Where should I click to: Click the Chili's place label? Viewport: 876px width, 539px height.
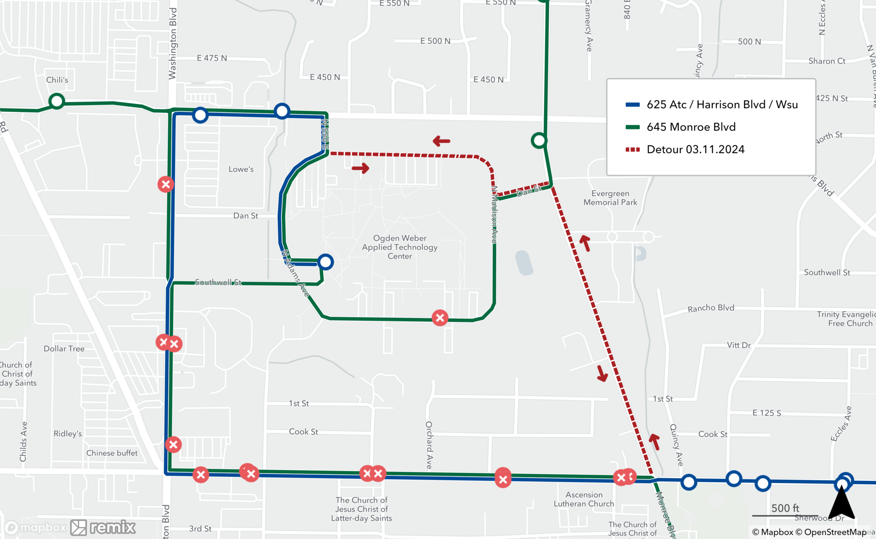[x=57, y=80]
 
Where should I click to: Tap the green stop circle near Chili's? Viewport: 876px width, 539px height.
[x=57, y=101]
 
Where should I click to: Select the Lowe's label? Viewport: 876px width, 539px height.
[x=241, y=169]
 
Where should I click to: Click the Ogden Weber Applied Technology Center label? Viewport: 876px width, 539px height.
[x=399, y=247]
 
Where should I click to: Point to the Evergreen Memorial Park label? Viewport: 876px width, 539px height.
[x=610, y=198]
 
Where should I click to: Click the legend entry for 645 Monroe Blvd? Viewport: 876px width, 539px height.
[x=691, y=127]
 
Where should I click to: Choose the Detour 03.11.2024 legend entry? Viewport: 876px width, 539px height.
[x=695, y=149]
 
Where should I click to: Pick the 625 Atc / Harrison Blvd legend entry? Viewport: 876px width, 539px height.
[x=722, y=105]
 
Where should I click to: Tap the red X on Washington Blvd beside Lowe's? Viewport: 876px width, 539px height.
[x=166, y=184]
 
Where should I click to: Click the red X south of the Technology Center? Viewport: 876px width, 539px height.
[x=440, y=318]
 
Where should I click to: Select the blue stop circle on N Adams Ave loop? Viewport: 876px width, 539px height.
[x=325, y=262]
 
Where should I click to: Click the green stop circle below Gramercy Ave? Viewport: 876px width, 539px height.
[x=539, y=141]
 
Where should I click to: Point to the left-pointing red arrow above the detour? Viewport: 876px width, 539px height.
[x=442, y=141]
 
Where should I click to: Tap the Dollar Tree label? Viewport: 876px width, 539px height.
[x=64, y=349]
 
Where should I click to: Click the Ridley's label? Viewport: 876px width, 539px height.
[x=67, y=433]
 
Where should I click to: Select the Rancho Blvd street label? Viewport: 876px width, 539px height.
[x=710, y=308]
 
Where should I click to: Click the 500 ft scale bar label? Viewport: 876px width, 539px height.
[x=785, y=508]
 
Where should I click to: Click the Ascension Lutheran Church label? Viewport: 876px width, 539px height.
[x=584, y=499]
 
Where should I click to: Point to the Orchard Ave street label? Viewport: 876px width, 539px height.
[x=429, y=445]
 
